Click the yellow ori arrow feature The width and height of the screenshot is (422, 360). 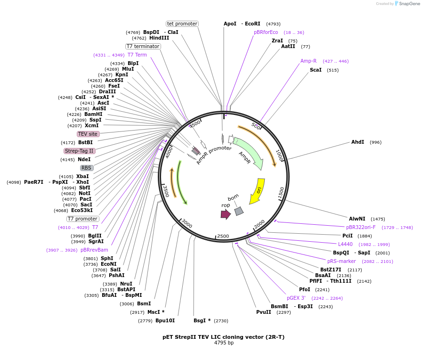pos(257,190)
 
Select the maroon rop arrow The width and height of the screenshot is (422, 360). pos(226,214)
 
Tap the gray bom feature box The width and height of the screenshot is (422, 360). pos(239,211)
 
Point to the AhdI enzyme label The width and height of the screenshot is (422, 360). pos(357,142)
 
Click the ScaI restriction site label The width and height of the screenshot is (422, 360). pos(316,70)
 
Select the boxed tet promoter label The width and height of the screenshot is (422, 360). pos(182,24)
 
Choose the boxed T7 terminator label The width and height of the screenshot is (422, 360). pos(143,46)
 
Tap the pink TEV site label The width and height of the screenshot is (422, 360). pos(88,134)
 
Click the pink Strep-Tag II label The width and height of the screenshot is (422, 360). pos(80,151)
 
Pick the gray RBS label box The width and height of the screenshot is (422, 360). pos(87,168)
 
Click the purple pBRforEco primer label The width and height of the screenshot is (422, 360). pos(266,32)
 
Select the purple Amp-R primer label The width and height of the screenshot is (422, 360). pos(308,61)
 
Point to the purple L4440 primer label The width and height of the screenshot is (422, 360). pos(345,244)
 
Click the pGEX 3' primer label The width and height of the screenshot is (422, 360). pos(296,298)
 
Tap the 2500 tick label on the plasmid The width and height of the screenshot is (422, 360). pos(223,236)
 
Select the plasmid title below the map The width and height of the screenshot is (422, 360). pos(224,337)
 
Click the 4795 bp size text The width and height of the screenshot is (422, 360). pos(224,343)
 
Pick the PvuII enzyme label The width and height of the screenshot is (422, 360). pos(264,312)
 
